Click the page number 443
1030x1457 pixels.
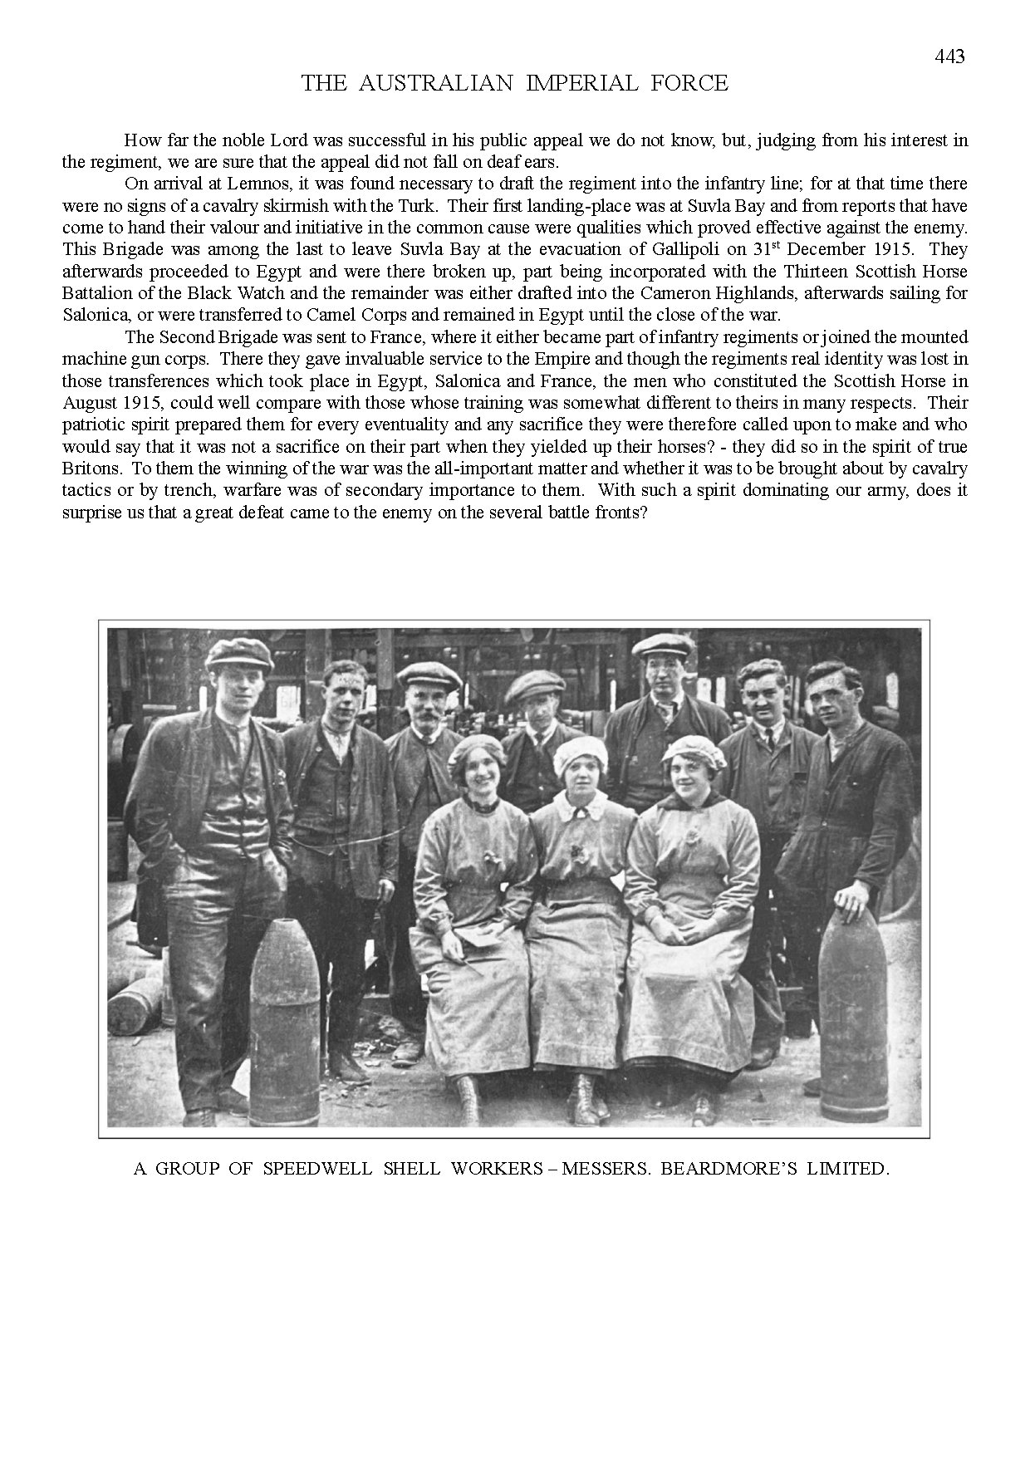(x=949, y=57)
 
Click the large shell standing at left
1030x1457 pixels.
(x=285, y=1022)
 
